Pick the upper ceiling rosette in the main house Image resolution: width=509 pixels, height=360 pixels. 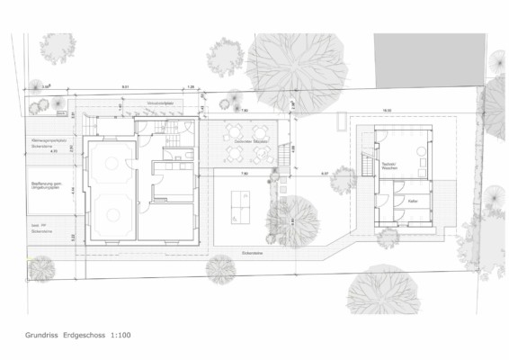click(111, 164)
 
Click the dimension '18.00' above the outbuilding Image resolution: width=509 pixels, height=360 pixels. click(387, 111)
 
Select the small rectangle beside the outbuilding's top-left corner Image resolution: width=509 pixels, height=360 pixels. click(343, 121)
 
